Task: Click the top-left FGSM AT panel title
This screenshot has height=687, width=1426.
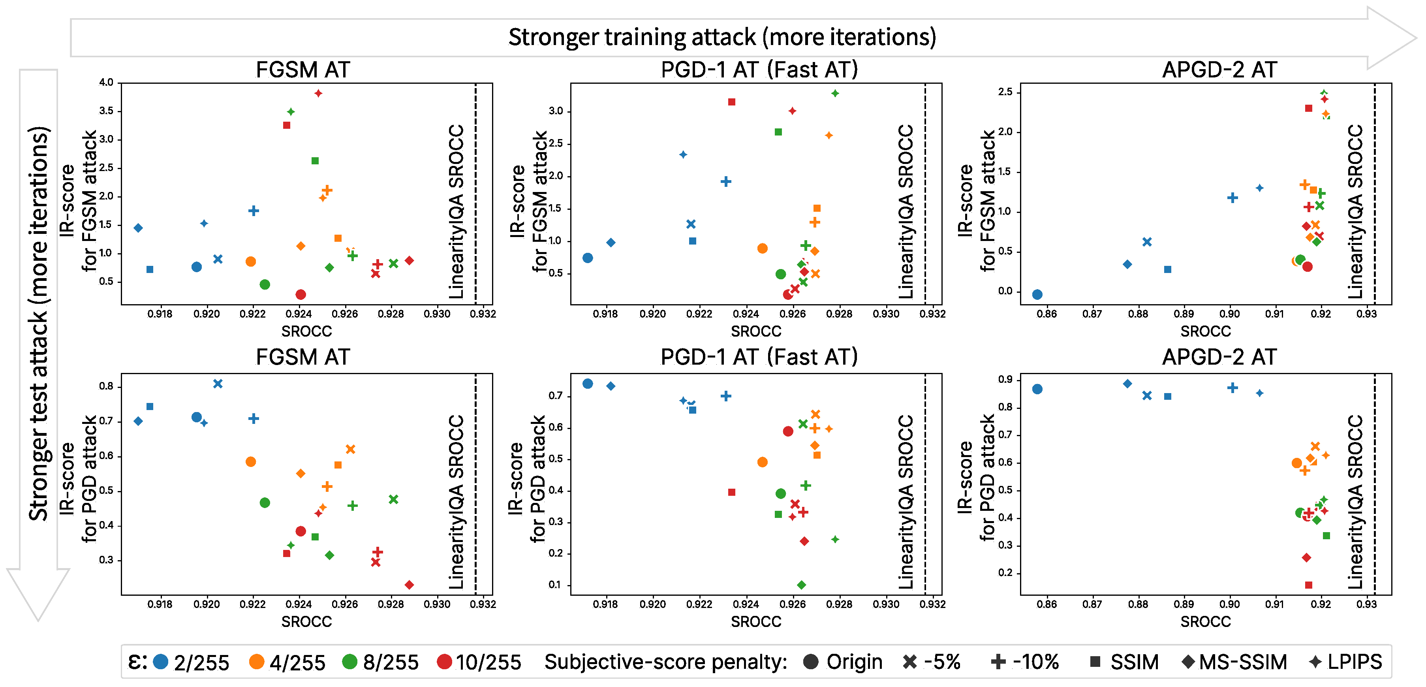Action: click(x=303, y=70)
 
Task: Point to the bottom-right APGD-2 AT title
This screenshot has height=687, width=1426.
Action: click(x=1219, y=357)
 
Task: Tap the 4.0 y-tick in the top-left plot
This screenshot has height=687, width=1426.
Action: click(x=106, y=83)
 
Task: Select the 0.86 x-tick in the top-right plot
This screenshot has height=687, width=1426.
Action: click(x=1046, y=314)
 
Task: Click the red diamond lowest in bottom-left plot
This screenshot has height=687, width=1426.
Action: click(x=409, y=585)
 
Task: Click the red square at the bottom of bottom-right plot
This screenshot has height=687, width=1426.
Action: click(x=1309, y=585)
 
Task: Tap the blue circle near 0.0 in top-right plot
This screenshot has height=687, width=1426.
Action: click(x=1037, y=294)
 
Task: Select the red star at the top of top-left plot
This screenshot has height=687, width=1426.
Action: click(x=318, y=93)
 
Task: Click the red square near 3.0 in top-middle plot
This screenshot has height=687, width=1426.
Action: click(x=732, y=102)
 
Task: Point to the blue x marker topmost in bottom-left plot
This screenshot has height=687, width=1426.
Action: click(x=218, y=384)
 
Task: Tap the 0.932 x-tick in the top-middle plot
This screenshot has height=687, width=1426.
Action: click(x=932, y=314)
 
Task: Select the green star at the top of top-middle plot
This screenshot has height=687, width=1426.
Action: click(x=835, y=93)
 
